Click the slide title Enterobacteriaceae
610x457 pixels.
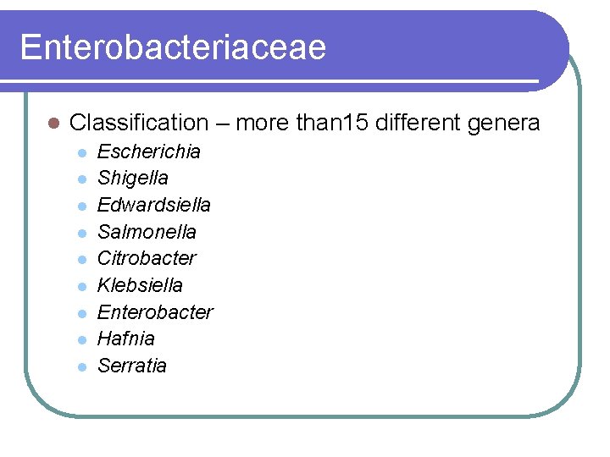coord(173,47)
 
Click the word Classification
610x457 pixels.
coord(138,123)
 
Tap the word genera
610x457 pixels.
coord(502,123)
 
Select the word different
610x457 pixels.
coord(413,123)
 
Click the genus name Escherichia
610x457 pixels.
coord(149,151)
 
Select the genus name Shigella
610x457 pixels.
coord(133,178)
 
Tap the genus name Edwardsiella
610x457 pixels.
coord(154,205)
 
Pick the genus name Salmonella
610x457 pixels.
coord(147,232)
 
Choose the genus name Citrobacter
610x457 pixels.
coord(147,258)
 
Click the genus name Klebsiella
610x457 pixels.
coord(140,285)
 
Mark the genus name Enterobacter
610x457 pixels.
coord(155,312)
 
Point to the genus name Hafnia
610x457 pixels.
coord(126,339)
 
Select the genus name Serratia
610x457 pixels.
coord(132,366)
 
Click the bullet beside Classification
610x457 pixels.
coord(52,124)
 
